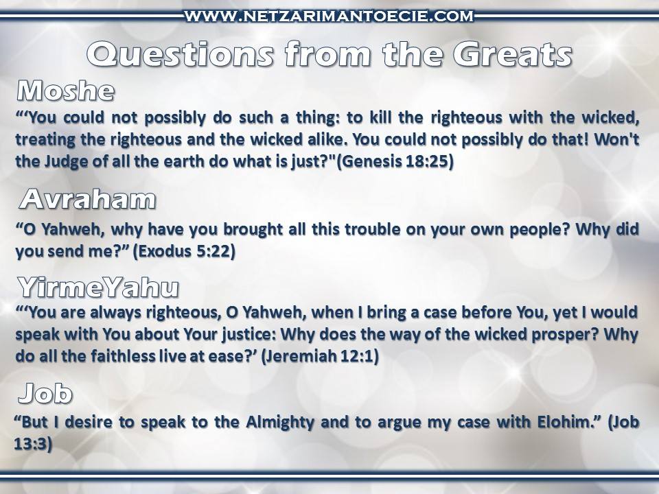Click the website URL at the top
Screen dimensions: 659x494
coord(329,16)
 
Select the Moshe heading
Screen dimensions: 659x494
coord(66,91)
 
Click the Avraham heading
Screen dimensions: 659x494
coord(87,199)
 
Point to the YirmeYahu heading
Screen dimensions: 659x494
coord(98,287)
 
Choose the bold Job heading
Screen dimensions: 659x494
coord(45,393)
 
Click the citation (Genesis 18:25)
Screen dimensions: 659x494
coord(395,161)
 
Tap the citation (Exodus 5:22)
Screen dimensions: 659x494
coord(184,251)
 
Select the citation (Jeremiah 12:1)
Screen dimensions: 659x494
coord(320,356)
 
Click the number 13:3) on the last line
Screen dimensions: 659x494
coord(33,444)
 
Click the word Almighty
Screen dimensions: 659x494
coord(280,422)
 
